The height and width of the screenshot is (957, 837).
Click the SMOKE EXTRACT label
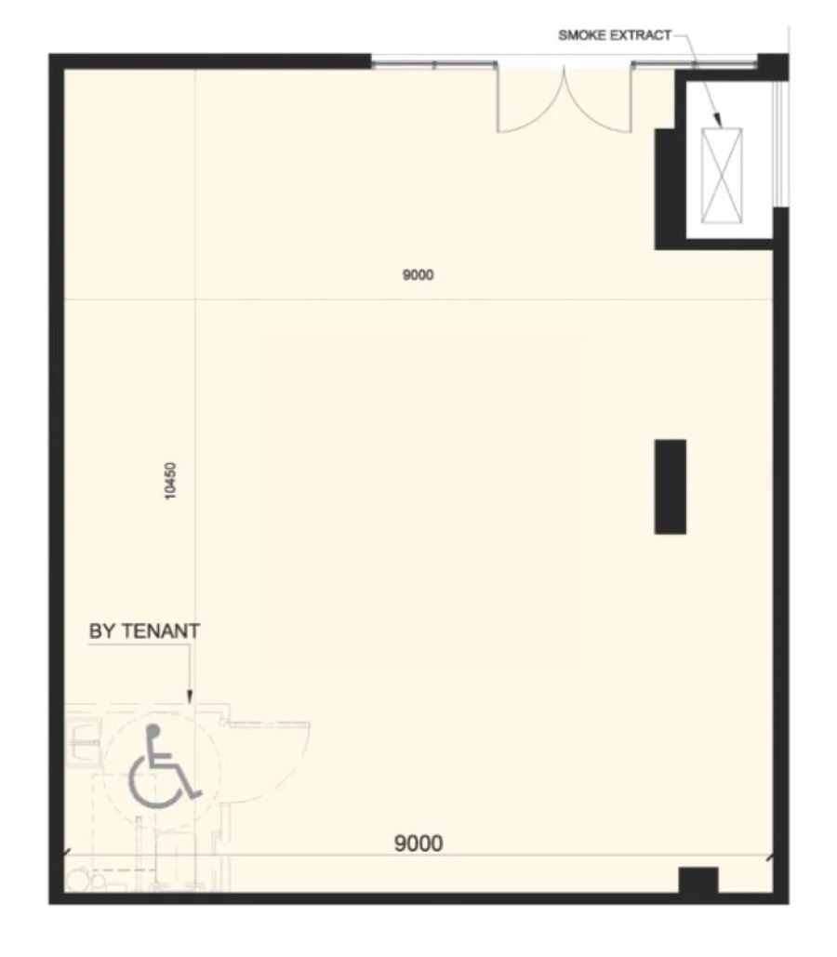coord(615,35)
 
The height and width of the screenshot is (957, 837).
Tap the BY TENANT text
coord(145,631)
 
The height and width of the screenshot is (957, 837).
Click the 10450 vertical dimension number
coord(170,481)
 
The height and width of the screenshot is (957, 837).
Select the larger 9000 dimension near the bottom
coord(418,844)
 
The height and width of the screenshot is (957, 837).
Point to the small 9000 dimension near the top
coord(418,274)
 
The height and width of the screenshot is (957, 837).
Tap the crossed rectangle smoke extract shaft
coord(722,175)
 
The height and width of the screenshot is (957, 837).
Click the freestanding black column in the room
coord(671,486)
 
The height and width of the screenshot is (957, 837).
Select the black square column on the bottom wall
coord(699,880)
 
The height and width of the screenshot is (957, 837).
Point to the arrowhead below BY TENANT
coord(190,697)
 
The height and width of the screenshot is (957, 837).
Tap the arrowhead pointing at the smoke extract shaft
coord(718,120)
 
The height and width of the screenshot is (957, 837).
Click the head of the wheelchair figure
coord(153,730)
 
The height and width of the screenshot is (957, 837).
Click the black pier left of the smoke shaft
coord(669,188)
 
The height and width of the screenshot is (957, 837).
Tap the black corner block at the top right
coord(773,67)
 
